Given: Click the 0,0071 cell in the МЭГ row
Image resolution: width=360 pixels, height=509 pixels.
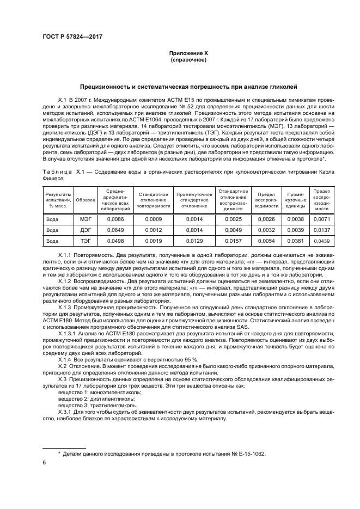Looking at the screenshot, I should click(322, 219).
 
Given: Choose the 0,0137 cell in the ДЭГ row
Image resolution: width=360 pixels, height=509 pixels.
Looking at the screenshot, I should click(322, 230).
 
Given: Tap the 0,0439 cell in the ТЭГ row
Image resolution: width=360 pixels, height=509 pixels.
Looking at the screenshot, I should click(322, 241).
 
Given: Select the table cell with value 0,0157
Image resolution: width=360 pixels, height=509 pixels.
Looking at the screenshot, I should click(233, 241).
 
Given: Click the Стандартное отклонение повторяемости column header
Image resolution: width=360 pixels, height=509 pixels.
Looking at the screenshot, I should click(152, 201).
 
